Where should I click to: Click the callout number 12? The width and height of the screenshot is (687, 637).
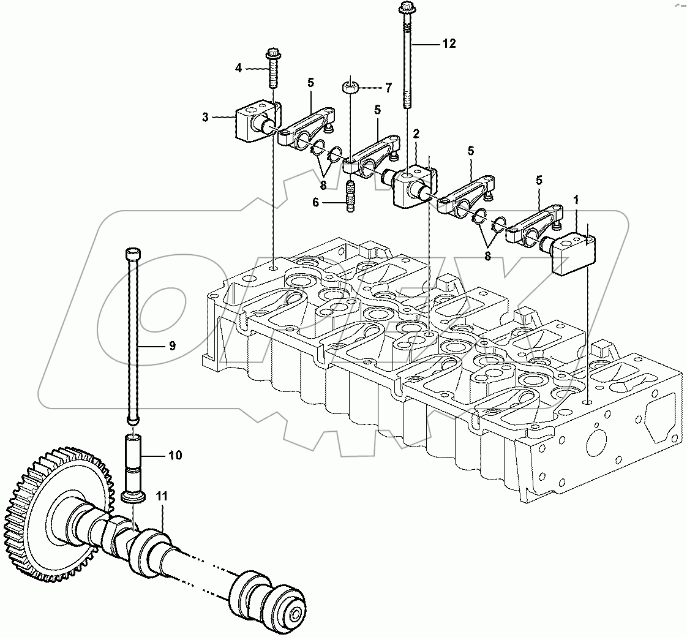click(449, 43)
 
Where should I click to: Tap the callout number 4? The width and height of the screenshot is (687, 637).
click(239, 68)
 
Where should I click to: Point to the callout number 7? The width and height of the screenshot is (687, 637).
click(388, 89)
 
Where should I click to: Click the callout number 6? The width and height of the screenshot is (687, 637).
click(316, 202)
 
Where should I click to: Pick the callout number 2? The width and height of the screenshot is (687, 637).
click(416, 133)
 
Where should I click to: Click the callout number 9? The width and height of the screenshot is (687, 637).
click(172, 346)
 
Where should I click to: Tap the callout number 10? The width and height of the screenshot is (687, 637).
click(175, 455)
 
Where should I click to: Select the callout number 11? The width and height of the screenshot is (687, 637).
click(161, 498)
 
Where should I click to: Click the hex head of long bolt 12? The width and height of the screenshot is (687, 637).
click(406, 8)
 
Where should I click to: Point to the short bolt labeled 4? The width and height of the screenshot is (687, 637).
click(272, 69)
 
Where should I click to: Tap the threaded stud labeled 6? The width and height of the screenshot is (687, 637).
click(351, 196)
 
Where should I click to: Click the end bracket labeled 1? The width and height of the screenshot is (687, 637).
click(572, 251)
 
